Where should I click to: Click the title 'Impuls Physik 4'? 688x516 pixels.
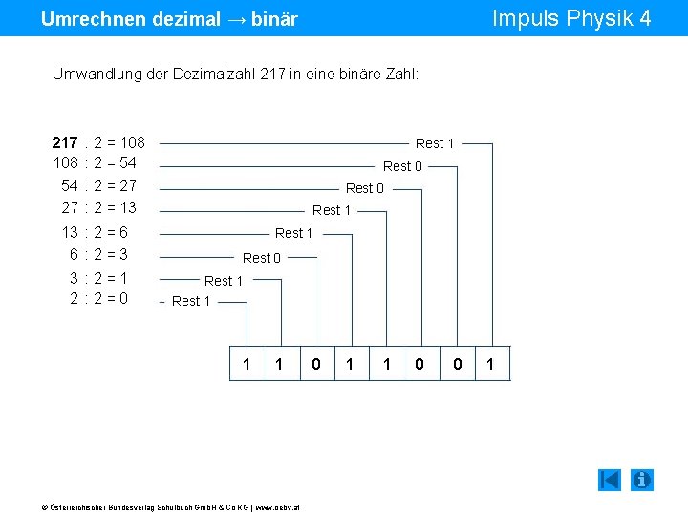[570, 18]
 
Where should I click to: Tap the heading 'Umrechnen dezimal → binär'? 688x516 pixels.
[169, 19]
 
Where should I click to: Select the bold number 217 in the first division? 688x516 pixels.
[65, 142]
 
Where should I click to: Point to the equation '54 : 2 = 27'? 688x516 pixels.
[98, 185]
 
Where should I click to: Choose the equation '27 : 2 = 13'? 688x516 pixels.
[98, 207]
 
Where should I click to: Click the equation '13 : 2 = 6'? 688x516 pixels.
[95, 232]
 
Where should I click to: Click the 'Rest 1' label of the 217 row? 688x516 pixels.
[435, 143]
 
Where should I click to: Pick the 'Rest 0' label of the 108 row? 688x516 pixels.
[402, 166]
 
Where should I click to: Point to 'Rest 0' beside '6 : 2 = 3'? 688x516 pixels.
[262, 258]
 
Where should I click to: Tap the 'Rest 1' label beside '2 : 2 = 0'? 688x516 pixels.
[191, 301]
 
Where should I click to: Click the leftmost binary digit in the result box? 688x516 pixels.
[247, 364]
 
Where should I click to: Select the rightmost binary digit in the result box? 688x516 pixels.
[490, 364]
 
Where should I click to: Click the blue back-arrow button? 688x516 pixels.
[610, 480]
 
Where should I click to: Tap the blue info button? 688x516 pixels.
[642, 480]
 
